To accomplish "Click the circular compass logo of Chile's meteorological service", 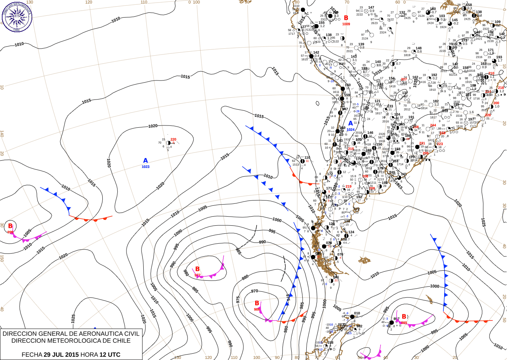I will pos(17,16).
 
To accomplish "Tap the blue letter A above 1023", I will pos(145,161).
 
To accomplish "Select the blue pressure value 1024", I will pos(351,130).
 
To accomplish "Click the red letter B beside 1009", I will pos(346,18).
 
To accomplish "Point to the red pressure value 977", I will pos(197,275).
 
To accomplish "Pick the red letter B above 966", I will pos(257,303).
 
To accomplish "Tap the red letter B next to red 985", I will pos(404,317).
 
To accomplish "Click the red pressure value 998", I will pos(10,232).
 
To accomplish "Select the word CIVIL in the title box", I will pos(131,334).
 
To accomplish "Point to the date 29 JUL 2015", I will pos(61,355).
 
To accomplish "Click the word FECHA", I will pos(32,355).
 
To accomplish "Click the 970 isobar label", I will pos(254,291).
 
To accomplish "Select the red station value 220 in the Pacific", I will pos(173,139).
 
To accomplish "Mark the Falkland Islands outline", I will pos(364,260).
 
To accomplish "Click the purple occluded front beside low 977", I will pos(212,274).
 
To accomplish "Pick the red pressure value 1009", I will pos(346,24).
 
